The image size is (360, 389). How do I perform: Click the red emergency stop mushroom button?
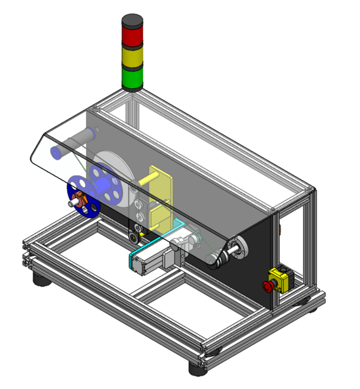[268, 286]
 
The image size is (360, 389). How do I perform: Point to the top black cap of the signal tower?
[133, 21]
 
